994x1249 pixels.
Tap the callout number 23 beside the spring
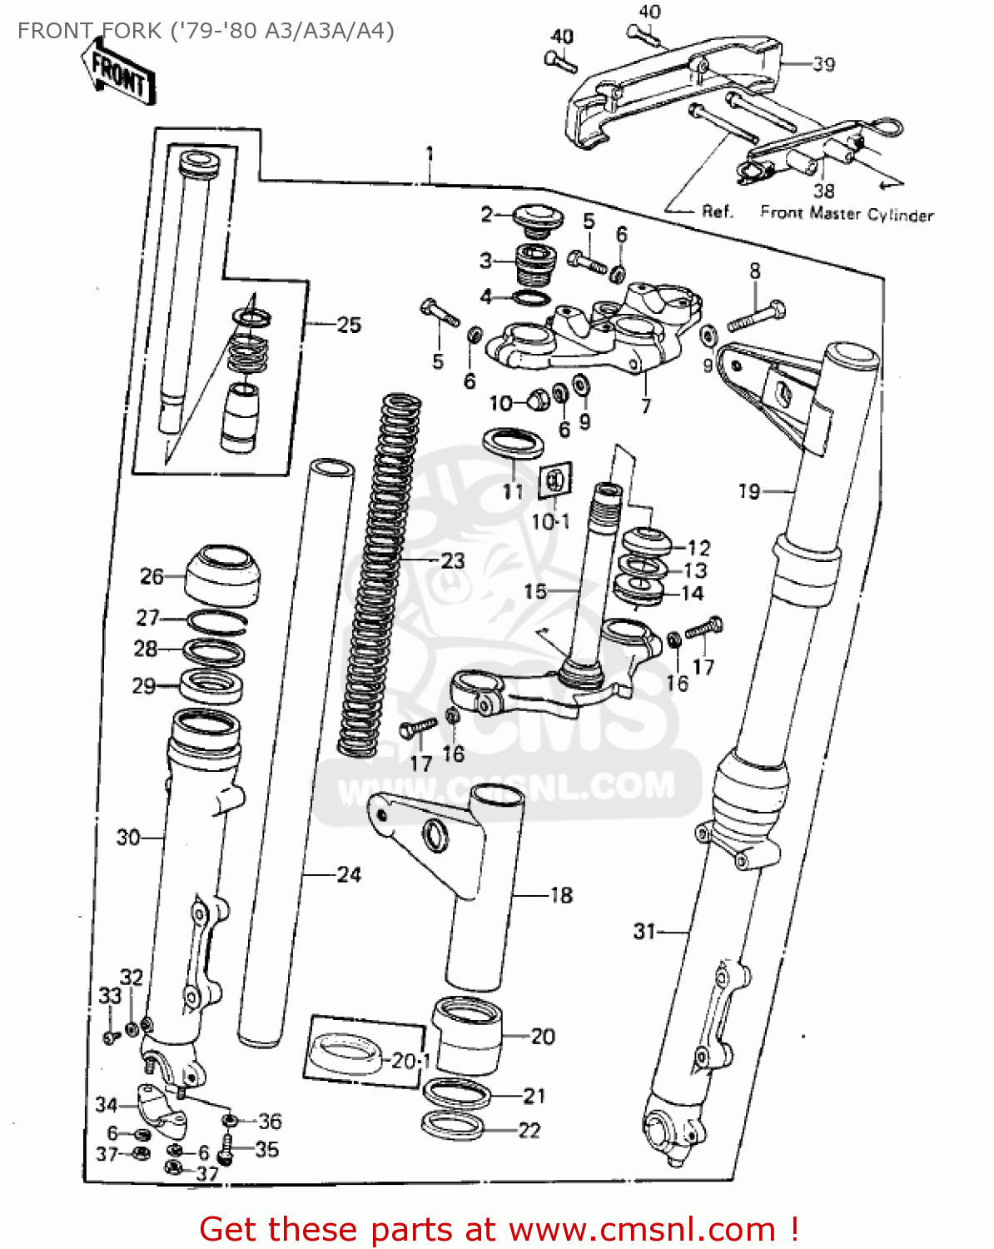point(452,560)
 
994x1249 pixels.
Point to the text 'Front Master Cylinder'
point(847,214)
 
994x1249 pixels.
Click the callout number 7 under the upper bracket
point(645,406)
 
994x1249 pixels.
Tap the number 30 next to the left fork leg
point(127,837)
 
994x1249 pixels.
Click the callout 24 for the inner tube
point(349,874)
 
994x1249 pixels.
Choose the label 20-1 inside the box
point(411,1061)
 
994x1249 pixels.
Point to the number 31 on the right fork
point(644,931)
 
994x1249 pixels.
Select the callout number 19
point(749,491)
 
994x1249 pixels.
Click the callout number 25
point(349,325)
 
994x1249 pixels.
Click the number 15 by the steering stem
point(535,591)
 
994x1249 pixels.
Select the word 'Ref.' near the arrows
point(718,211)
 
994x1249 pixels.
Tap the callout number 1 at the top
point(430,154)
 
